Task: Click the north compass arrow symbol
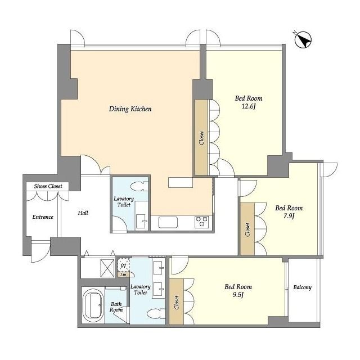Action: click(303, 40)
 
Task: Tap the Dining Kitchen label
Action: click(130, 109)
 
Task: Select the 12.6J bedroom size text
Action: click(249, 106)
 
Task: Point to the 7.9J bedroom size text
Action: click(289, 216)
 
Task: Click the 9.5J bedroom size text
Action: click(238, 295)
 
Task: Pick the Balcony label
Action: click(303, 287)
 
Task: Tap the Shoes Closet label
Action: click(48, 186)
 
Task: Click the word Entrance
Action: click(43, 217)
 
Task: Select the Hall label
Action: click(83, 213)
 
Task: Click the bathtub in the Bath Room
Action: click(93, 305)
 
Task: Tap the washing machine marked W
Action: click(124, 265)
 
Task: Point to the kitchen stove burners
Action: click(202, 222)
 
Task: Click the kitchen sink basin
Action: click(168, 222)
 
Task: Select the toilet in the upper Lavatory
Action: click(139, 186)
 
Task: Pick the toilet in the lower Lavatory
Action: click(156, 314)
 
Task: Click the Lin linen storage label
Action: click(123, 274)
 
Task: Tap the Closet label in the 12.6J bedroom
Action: click(201, 138)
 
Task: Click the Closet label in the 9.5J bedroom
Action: click(176, 303)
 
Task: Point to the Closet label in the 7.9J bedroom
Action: click(247, 229)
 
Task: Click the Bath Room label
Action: click(116, 307)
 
